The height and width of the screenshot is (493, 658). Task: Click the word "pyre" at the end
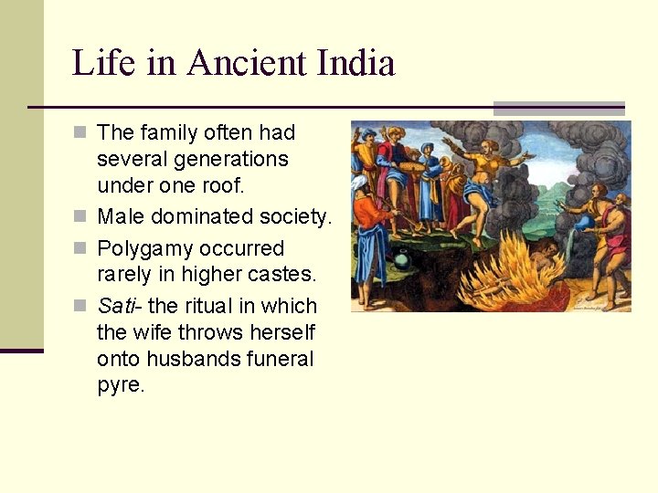119,384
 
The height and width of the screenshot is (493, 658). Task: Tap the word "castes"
279,274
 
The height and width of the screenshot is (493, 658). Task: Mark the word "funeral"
279,359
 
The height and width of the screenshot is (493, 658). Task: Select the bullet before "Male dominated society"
81,217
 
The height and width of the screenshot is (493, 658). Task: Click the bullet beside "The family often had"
81,133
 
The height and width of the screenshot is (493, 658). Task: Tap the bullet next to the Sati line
81,306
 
